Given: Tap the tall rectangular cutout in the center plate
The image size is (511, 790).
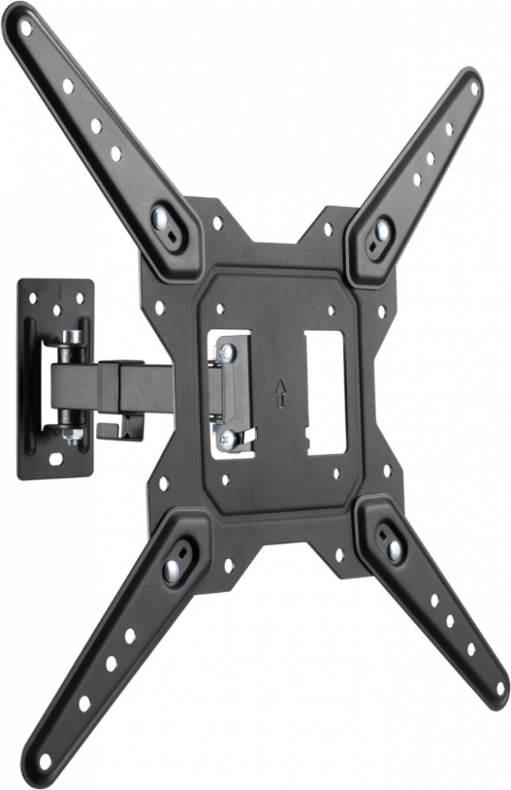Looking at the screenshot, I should pyautogui.click(x=325, y=391).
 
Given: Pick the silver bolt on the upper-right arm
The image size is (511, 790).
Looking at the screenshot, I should pyautogui.click(x=381, y=229).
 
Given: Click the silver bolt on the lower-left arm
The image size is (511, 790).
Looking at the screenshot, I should pyautogui.click(x=170, y=570).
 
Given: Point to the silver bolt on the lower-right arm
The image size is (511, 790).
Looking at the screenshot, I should pyautogui.click(x=394, y=549).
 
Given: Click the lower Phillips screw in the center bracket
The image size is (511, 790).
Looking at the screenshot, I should pyautogui.click(x=228, y=438).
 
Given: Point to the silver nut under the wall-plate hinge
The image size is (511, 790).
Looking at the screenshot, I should pyautogui.click(x=74, y=435).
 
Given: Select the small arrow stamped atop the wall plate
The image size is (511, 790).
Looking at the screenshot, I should pyautogui.click(x=58, y=289).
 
